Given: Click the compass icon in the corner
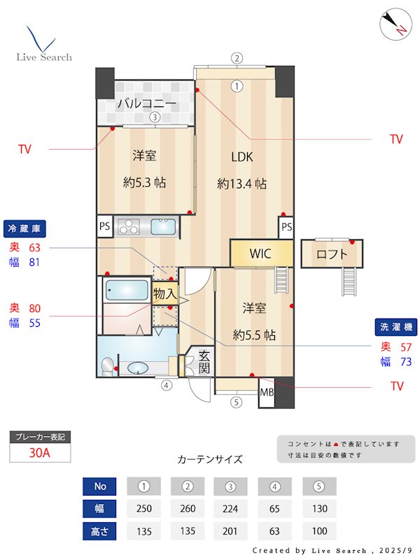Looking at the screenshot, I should click(393, 24).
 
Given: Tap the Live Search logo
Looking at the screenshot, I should click(44, 45).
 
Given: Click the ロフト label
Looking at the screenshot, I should click(332, 254).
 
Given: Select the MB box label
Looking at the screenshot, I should click(267, 393).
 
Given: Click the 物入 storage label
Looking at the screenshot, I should click(165, 294).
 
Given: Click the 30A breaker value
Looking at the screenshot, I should click(40, 453).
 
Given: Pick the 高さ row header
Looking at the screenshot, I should click(100, 531).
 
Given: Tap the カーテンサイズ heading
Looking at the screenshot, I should click(210, 460).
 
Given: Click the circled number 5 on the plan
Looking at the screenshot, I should click(236, 402).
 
